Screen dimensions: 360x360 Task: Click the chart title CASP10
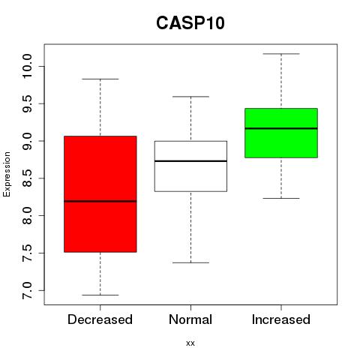click(x=190, y=23)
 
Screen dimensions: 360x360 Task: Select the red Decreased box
click(x=100, y=194)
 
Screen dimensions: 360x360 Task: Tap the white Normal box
click(x=190, y=166)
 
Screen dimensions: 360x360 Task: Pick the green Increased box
click(x=281, y=133)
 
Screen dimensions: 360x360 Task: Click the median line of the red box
click(x=100, y=201)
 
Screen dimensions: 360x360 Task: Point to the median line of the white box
click(x=190, y=161)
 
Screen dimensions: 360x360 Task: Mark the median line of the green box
click(x=281, y=128)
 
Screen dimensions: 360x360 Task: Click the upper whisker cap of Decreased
click(x=100, y=79)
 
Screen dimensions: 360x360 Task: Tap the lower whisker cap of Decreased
click(x=100, y=295)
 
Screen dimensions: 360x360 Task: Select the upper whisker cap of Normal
click(x=190, y=97)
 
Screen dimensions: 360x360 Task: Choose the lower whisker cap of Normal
click(x=190, y=262)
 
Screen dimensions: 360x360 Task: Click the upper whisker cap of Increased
click(x=281, y=54)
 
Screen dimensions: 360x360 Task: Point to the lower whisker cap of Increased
click(x=281, y=198)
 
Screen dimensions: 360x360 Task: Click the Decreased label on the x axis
click(x=100, y=319)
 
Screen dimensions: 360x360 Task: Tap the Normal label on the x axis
click(x=190, y=319)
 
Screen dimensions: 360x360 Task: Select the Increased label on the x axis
click(x=281, y=319)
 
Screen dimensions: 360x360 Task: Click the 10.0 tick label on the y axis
click(x=27, y=66)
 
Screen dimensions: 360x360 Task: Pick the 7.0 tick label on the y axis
click(x=27, y=290)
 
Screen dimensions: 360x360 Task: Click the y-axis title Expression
click(x=7, y=174)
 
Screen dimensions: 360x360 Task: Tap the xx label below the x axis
click(x=190, y=343)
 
